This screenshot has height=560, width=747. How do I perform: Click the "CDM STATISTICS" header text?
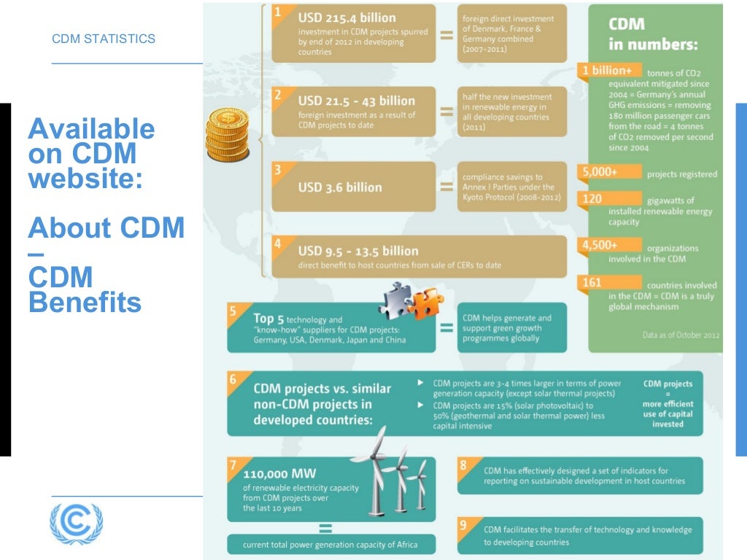pyautogui.click(x=104, y=39)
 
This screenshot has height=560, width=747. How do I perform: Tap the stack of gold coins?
pyautogui.click(x=228, y=135)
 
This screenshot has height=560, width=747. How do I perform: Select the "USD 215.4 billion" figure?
pyautogui.click(x=347, y=17)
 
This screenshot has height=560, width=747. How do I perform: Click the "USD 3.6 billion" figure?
pyautogui.click(x=340, y=187)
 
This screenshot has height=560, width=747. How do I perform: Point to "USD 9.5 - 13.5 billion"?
pyautogui.click(x=358, y=251)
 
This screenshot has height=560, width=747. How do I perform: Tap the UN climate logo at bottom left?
pyautogui.click(x=76, y=523)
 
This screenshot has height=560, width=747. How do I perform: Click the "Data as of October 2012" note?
pyautogui.click(x=680, y=335)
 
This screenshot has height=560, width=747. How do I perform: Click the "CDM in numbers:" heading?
pyautogui.click(x=653, y=34)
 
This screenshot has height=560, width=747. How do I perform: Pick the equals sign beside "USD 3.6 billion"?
pyautogui.click(x=446, y=187)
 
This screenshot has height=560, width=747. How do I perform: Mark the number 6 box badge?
pyautogui.click(x=233, y=380)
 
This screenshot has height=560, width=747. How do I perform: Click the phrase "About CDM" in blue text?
pyautogui.click(x=107, y=228)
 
